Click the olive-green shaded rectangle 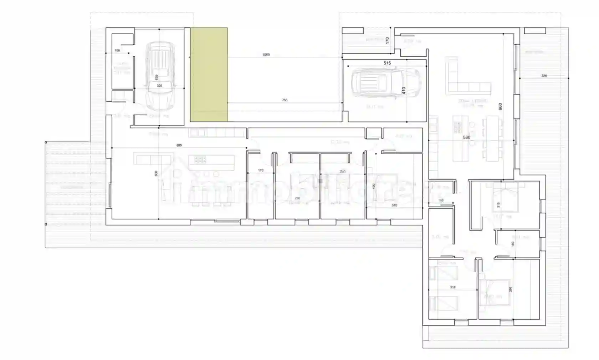click(x=209, y=75)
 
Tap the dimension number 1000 click(x=266, y=55)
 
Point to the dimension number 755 click(x=285, y=100)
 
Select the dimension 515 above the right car click(x=387, y=63)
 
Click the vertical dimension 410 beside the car click(x=404, y=91)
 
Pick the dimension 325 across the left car click(x=159, y=86)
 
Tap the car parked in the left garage click(x=160, y=76)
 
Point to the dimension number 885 click(x=179, y=145)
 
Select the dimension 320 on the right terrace click(x=544, y=76)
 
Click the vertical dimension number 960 click(x=500, y=106)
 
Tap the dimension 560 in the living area click(x=466, y=137)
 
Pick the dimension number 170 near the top click(x=388, y=41)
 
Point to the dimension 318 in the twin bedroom click(x=452, y=287)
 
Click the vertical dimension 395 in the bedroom click(x=511, y=289)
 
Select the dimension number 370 click(x=394, y=206)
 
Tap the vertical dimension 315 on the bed click(x=498, y=205)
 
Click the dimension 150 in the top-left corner click(x=117, y=51)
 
